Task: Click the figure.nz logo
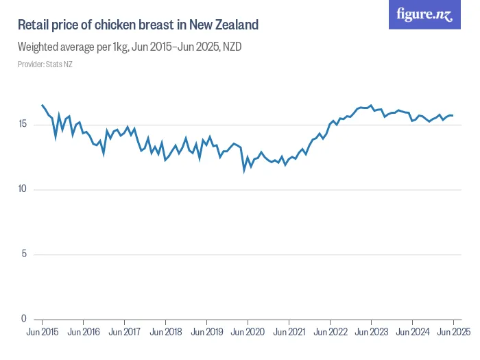click(424, 15)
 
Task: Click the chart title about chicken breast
click(138, 25)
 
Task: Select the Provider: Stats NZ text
click(45, 64)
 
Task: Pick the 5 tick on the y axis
click(25, 254)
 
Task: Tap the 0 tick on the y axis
click(25, 319)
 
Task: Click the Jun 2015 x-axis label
click(43, 332)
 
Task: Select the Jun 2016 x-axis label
click(83, 332)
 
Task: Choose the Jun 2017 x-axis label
click(124, 332)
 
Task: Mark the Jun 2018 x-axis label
click(165, 332)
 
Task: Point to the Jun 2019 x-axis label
click(206, 332)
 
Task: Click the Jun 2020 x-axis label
click(248, 332)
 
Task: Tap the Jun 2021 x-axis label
click(289, 332)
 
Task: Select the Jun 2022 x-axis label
click(330, 332)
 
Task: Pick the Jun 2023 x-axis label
click(371, 332)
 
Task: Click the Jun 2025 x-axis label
click(453, 332)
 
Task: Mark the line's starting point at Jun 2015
click(43, 105)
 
